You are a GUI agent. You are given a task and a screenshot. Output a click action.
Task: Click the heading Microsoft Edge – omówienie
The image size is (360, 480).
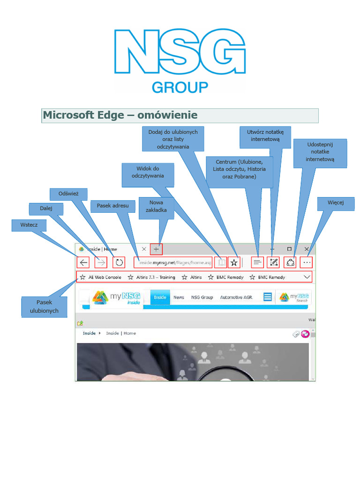(x=120, y=115)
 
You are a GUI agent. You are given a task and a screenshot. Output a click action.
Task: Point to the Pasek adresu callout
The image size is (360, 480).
(x=112, y=206)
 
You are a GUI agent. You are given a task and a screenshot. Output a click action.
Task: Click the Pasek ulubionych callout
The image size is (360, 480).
(x=44, y=307)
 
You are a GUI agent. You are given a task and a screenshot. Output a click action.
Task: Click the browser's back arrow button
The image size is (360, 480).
(x=83, y=262)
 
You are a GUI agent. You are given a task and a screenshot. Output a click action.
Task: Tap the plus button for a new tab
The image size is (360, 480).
(x=156, y=249)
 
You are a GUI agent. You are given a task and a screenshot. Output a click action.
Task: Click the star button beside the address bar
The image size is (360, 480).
(x=234, y=262)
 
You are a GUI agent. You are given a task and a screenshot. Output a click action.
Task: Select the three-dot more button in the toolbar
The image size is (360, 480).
(x=307, y=262)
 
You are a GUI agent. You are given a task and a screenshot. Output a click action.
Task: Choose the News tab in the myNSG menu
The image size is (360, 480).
(x=179, y=297)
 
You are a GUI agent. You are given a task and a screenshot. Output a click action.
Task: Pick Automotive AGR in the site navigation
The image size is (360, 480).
(x=236, y=297)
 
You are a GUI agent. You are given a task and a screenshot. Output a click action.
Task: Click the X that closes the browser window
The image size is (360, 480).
(x=307, y=249)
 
